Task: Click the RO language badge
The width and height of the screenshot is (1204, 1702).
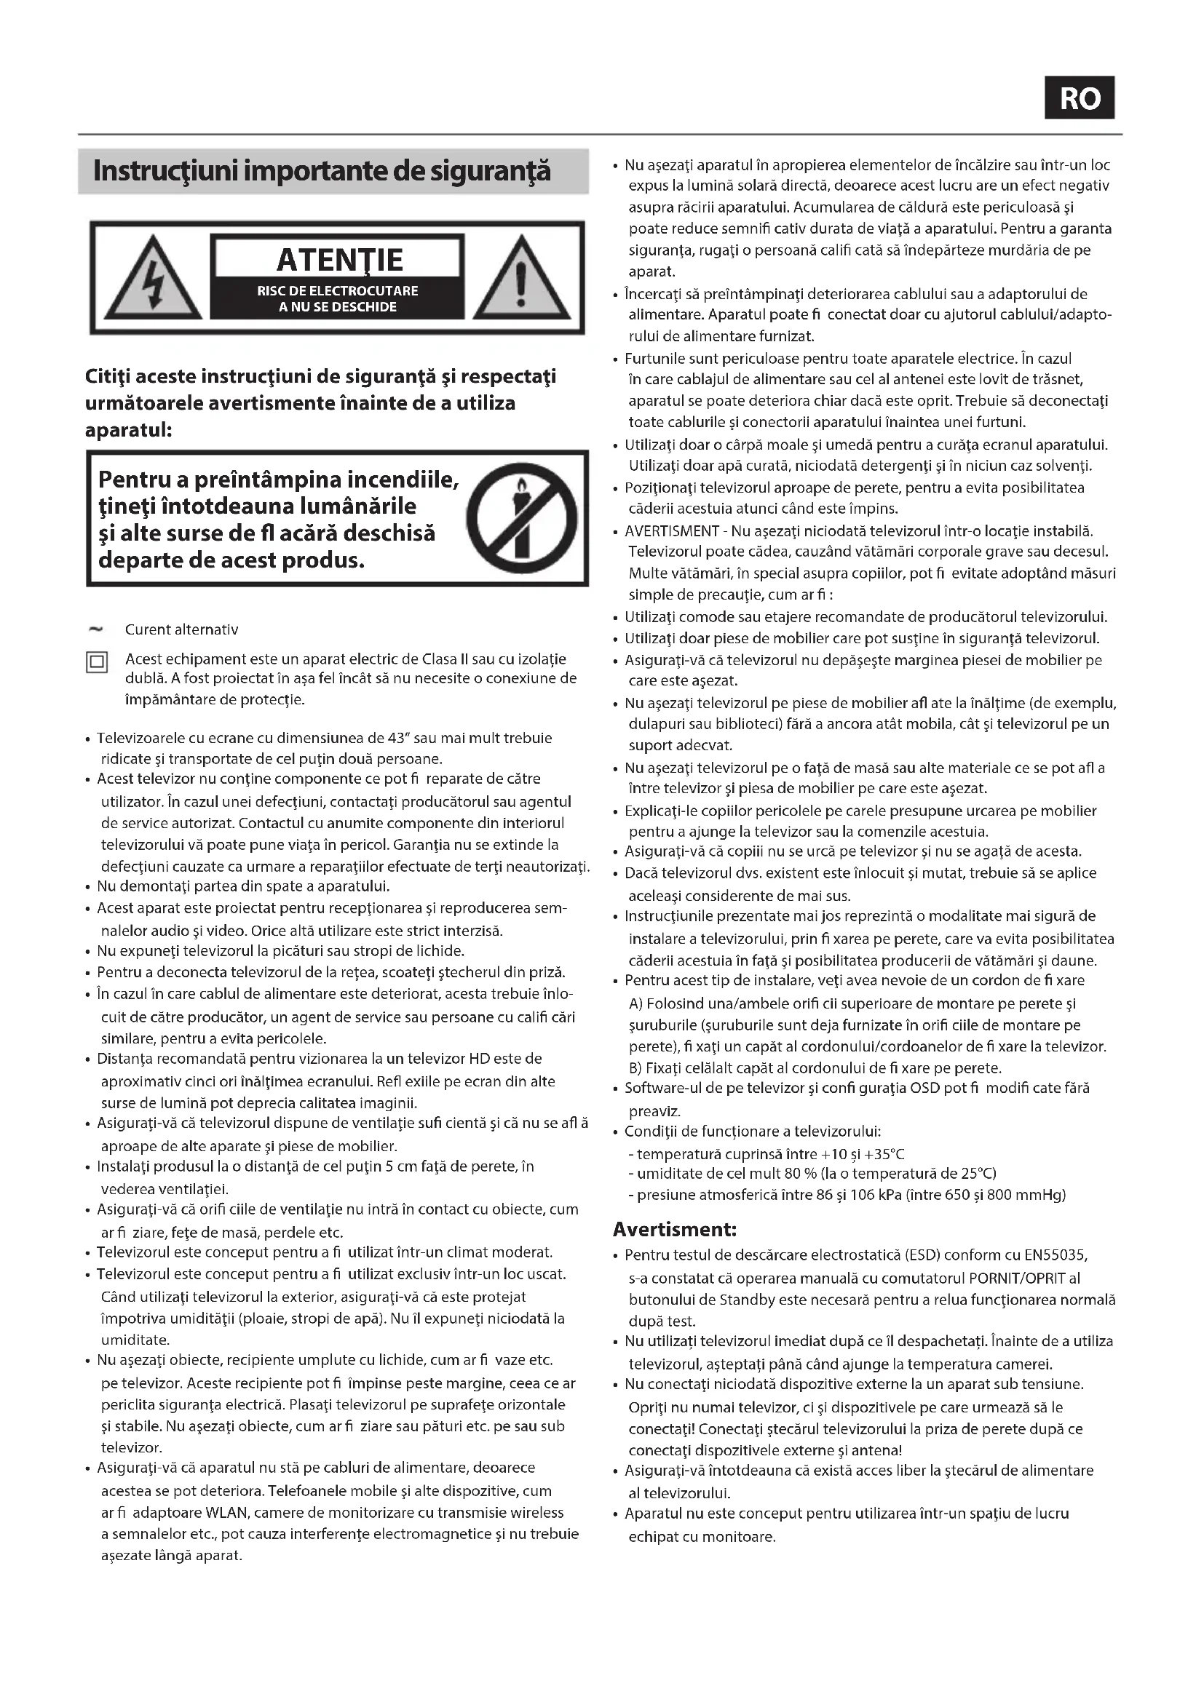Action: click(1080, 98)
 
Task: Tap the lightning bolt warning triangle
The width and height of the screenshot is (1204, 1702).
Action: click(153, 278)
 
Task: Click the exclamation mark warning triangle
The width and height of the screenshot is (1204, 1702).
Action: click(521, 278)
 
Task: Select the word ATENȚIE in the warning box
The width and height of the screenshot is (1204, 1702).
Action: click(339, 261)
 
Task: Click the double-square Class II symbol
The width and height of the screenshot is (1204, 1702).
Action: click(97, 662)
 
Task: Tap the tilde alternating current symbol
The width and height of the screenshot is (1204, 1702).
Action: click(95, 629)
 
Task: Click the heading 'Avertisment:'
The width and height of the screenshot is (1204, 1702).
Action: click(675, 1230)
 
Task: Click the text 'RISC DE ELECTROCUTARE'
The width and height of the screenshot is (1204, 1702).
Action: click(337, 290)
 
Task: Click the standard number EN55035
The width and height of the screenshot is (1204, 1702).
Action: click(1055, 1255)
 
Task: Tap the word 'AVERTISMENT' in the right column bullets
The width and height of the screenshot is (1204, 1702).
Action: click(672, 530)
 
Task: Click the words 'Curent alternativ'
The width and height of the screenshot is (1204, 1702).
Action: click(182, 629)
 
